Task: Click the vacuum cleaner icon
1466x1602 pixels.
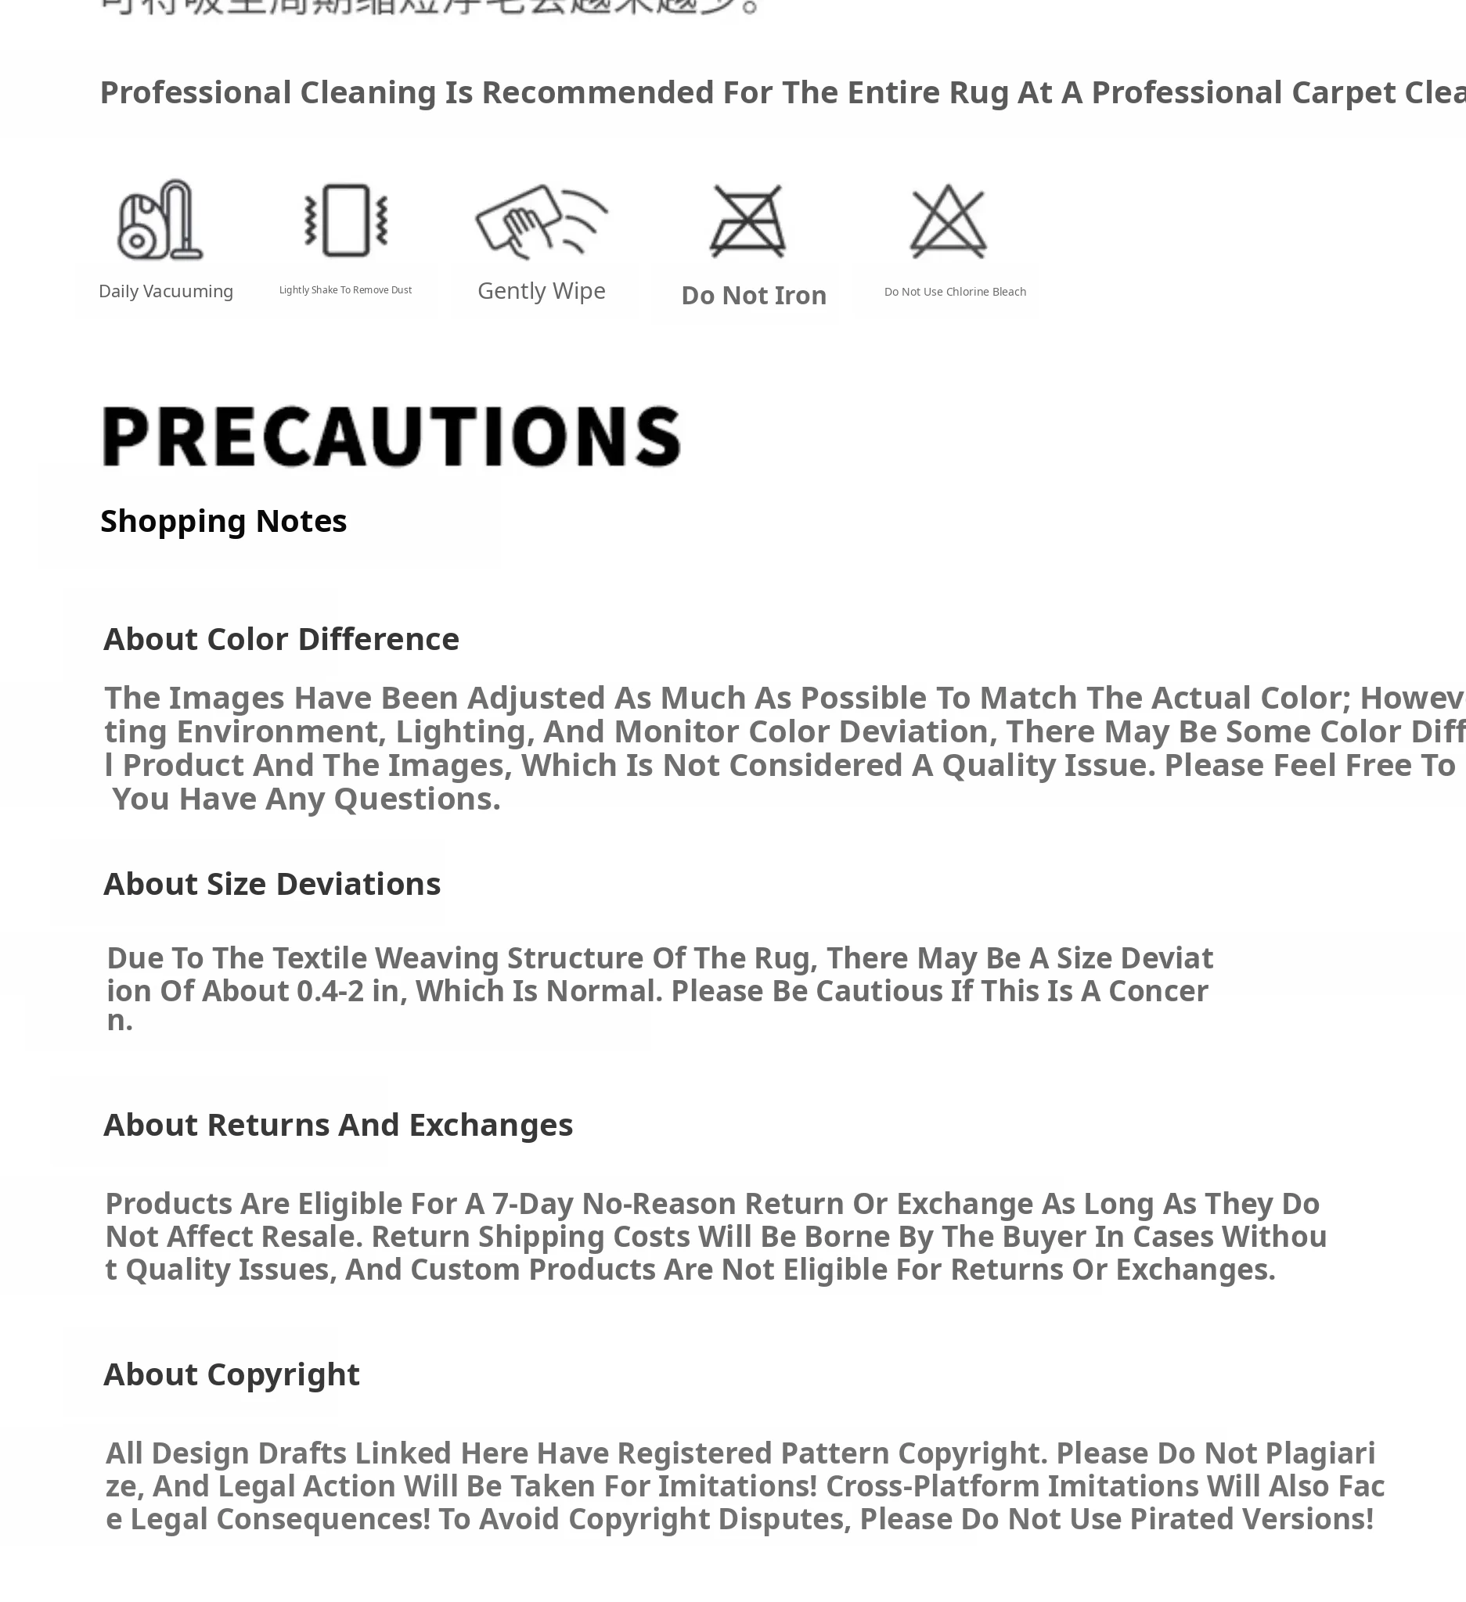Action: [x=160, y=220]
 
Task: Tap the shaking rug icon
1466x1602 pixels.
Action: [x=346, y=220]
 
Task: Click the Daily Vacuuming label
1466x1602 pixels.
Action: [x=165, y=292]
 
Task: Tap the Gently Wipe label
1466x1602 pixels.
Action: [x=542, y=291]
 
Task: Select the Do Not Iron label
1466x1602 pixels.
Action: [x=754, y=296]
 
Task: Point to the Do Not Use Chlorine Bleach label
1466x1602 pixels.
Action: [x=955, y=292]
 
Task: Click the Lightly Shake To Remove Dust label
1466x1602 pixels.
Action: [x=345, y=290]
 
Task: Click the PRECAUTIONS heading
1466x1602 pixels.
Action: [x=391, y=436]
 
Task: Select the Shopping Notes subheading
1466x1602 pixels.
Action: [x=223, y=521]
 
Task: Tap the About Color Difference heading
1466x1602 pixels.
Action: [x=281, y=639]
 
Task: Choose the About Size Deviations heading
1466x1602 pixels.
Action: [x=272, y=884]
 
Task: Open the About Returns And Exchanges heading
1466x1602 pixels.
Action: [x=338, y=1124]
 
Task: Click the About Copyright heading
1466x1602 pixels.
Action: [x=232, y=1374]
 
